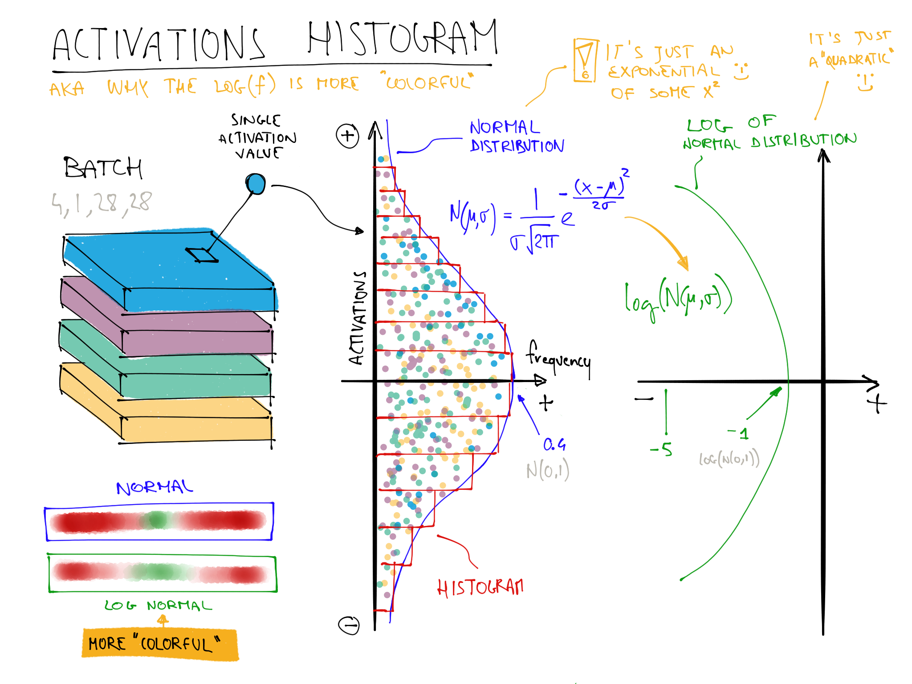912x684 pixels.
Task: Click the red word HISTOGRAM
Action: point(480,588)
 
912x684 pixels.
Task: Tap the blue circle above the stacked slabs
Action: point(256,184)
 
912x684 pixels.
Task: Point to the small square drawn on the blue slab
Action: point(201,255)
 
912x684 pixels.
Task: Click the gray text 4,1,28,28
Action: point(102,204)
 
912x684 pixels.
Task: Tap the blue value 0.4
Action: point(554,444)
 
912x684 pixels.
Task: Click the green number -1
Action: point(739,433)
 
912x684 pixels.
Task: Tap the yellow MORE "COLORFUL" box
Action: point(159,644)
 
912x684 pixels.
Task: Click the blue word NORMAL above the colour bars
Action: point(154,487)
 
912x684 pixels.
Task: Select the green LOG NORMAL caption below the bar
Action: point(158,606)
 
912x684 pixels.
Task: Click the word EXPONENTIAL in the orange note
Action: point(664,71)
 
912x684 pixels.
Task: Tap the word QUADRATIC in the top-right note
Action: point(858,59)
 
